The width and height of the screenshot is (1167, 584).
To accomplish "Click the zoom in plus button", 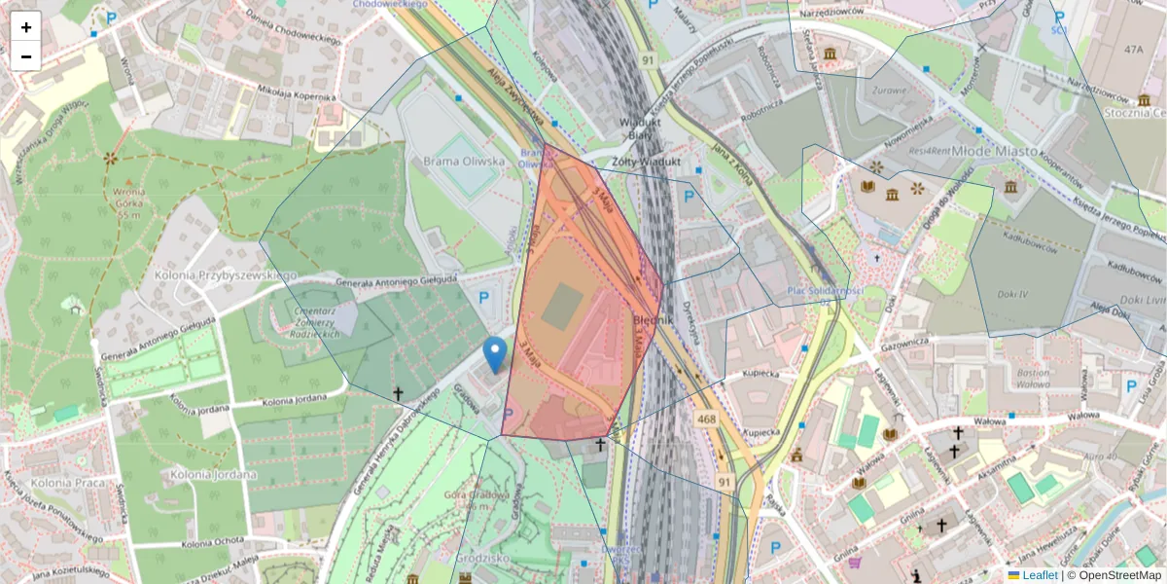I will [x=25, y=26].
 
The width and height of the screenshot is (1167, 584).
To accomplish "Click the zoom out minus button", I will [x=25, y=55].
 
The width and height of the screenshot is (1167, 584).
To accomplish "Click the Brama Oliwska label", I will [x=465, y=162].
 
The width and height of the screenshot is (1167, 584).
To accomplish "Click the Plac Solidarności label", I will [x=825, y=291].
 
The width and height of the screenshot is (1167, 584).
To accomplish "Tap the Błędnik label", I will [x=654, y=318].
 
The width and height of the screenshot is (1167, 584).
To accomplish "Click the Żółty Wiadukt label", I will [x=645, y=162].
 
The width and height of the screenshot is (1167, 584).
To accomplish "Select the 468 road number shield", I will [x=707, y=418].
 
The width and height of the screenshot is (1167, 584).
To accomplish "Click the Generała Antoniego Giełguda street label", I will [x=397, y=281].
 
